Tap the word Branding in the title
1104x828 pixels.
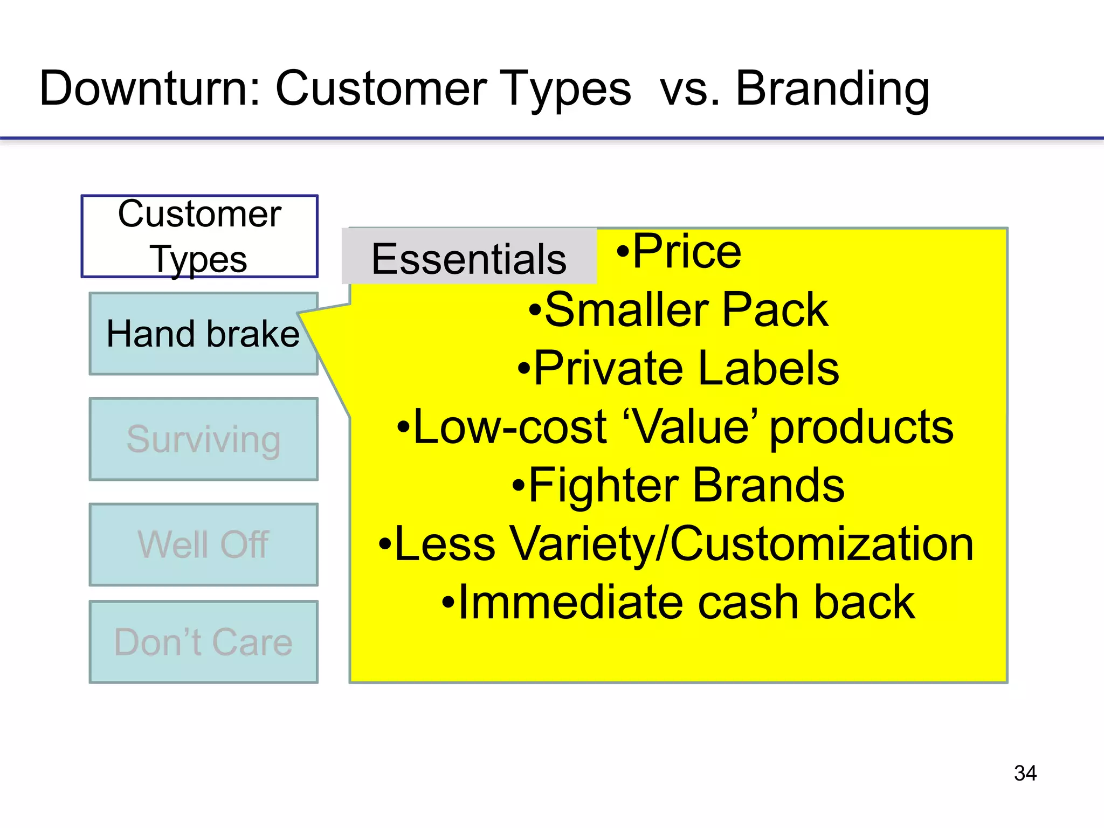(832, 89)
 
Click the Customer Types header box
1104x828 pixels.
(199, 236)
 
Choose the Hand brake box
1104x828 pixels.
(203, 334)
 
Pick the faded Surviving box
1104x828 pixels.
(203, 439)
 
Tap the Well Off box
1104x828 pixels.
(203, 544)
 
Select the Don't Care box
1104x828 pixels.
(203, 642)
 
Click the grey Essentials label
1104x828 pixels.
(469, 258)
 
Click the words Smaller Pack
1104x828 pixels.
(686, 309)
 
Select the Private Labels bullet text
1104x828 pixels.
(686, 368)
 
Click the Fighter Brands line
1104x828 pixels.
(686, 486)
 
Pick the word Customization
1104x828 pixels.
(822, 544)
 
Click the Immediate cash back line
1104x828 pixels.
(686, 603)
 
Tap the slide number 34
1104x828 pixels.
(1025, 773)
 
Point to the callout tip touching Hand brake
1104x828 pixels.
(305, 314)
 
